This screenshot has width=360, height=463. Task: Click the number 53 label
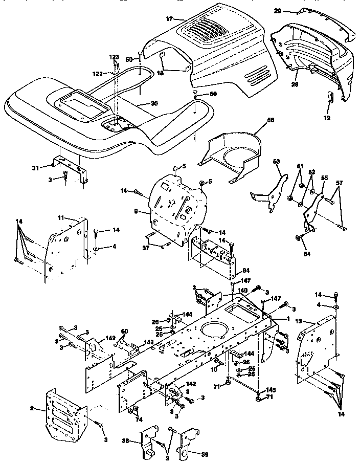click(x=277, y=162)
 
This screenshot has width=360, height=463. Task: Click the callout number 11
click(x=60, y=218)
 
